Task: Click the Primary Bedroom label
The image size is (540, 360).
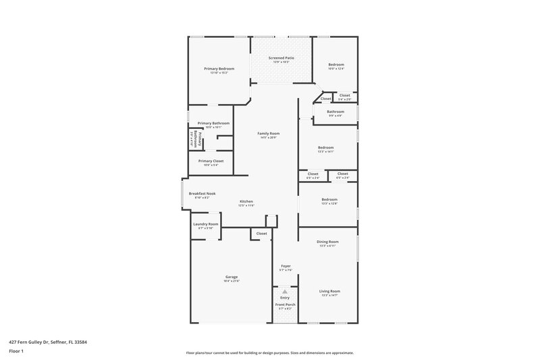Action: pyautogui.click(x=219, y=69)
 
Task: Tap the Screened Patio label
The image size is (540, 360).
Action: pyautogui.click(x=281, y=58)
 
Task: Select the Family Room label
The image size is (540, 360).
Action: pyautogui.click(x=269, y=134)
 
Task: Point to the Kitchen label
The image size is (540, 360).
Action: pyautogui.click(x=246, y=202)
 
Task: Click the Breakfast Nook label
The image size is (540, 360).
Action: pyautogui.click(x=202, y=194)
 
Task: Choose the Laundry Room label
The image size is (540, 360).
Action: pyautogui.click(x=206, y=224)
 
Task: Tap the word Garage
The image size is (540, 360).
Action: pyautogui.click(x=232, y=277)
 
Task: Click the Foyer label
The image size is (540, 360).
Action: pyautogui.click(x=286, y=267)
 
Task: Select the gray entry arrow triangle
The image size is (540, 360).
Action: pyautogui.click(x=285, y=291)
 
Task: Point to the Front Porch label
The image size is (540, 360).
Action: pyautogui.click(x=285, y=305)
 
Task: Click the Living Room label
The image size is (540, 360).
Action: pyautogui.click(x=329, y=291)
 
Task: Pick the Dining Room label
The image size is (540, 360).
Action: pyautogui.click(x=329, y=241)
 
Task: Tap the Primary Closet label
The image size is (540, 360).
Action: pyautogui.click(x=211, y=161)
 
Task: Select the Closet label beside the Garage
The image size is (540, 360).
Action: pyautogui.click(x=261, y=234)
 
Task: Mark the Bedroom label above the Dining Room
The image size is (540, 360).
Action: pyautogui.click(x=329, y=200)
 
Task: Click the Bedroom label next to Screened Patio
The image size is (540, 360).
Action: pyautogui.click(x=335, y=65)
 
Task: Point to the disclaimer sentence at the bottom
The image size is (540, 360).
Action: pyautogui.click(x=269, y=353)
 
